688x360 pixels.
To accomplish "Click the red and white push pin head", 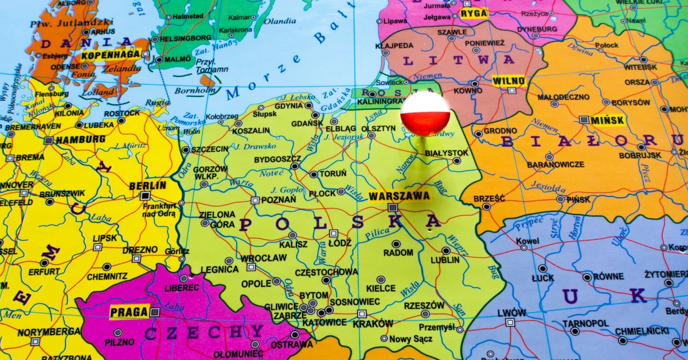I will click(x=425, y=113).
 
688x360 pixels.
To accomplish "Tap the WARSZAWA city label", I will click(x=399, y=196).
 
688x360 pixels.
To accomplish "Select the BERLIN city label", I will click(x=147, y=185).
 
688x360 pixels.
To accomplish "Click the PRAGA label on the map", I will click(x=129, y=312).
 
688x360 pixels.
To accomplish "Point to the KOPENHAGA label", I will click(x=111, y=55).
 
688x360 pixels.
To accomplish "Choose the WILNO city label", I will click(x=509, y=81).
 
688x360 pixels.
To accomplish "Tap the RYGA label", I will click(x=474, y=13).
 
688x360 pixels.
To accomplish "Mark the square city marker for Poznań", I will click(x=255, y=200).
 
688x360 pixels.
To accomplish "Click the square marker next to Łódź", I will click(x=333, y=233).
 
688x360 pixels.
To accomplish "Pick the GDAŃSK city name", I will click(x=307, y=123).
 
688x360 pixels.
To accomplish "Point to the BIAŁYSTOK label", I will click(x=447, y=153).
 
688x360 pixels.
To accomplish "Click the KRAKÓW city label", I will click(x=373, y=323).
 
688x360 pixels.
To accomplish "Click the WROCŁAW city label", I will click(x=263, y=258).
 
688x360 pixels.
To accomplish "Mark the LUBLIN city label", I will click(x=445, y=260).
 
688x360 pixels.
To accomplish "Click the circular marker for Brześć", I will click(x=486, y=206).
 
